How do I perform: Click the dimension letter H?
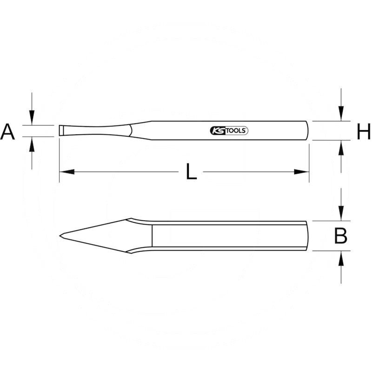tap(364, 132)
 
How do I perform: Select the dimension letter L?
tap(191, 173)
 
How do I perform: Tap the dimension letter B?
tap(341, 236)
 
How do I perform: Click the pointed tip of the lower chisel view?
tap(61, 236)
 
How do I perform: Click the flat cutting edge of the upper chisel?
tap(60, 130)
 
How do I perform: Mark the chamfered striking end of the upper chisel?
tap(307, 130)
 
